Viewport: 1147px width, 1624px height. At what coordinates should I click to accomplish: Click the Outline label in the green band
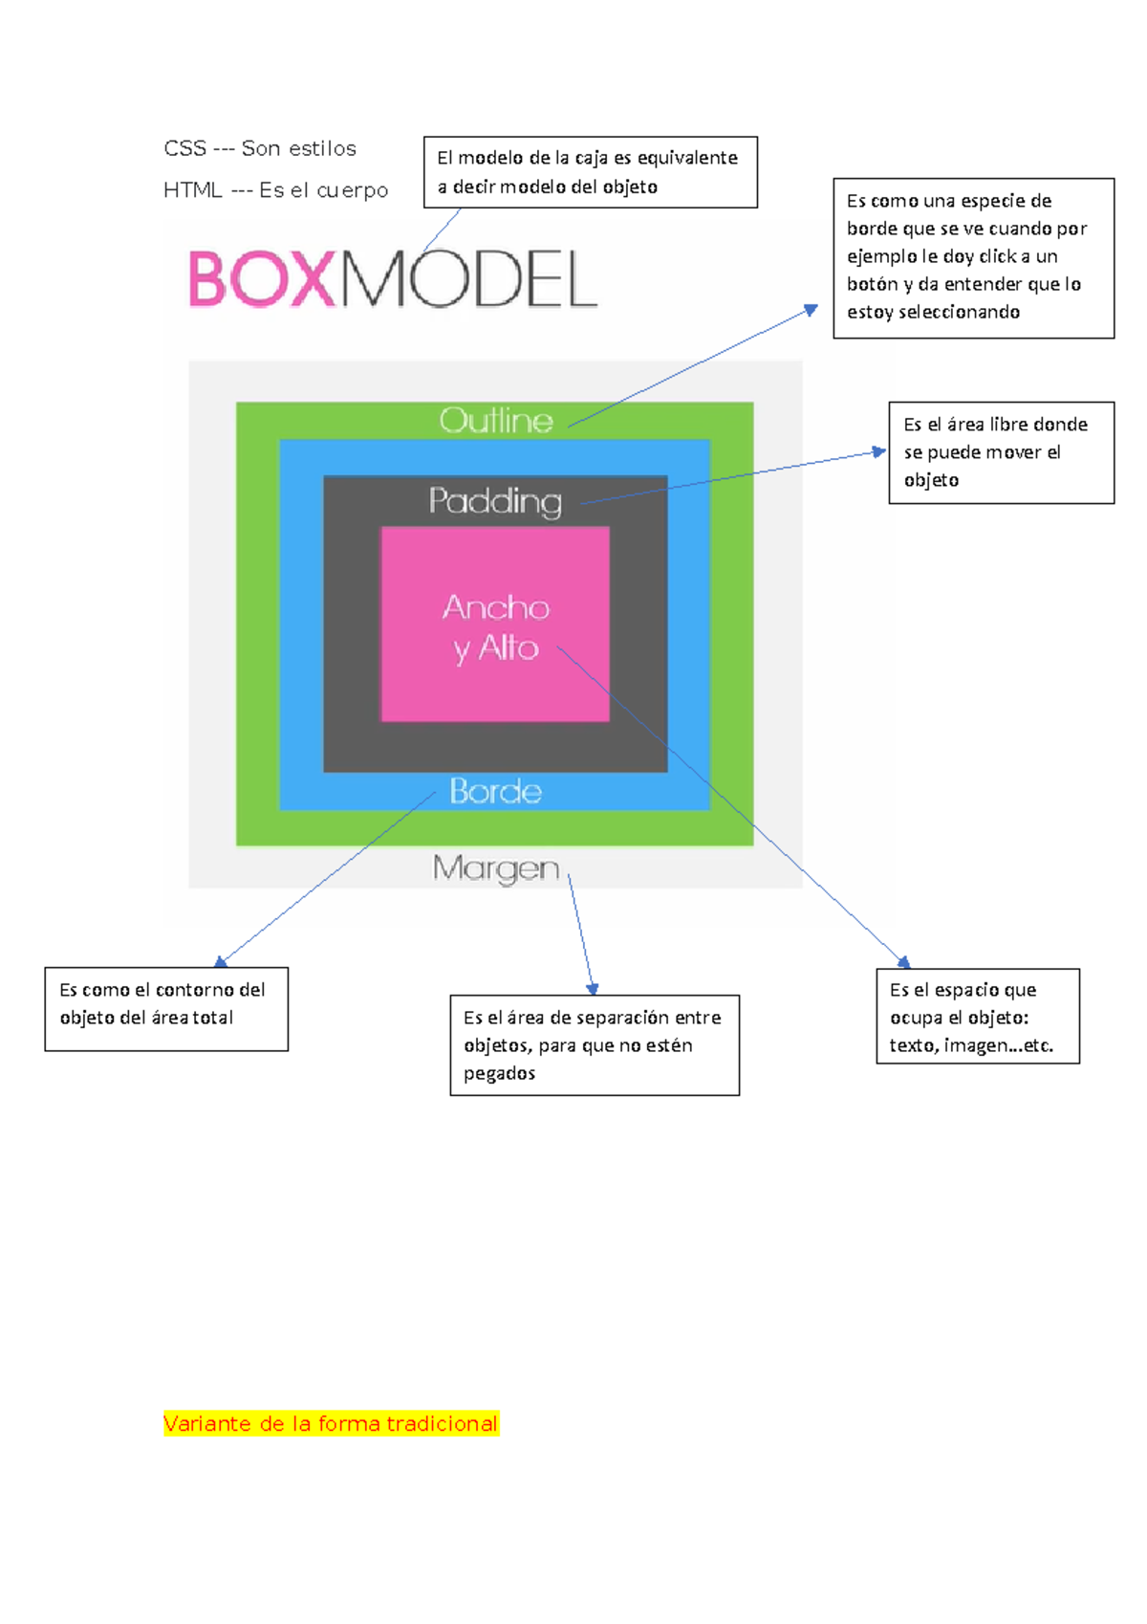496,420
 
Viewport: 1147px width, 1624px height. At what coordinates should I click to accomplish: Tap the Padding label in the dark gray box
495,500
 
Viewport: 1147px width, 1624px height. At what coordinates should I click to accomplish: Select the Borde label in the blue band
495,791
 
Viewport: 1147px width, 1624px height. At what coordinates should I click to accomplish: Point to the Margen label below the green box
495,868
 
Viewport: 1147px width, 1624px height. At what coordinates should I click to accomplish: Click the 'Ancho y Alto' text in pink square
495,627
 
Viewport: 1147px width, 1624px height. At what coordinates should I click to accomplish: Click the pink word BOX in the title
263,279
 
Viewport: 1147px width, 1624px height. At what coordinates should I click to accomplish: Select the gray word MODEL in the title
468,279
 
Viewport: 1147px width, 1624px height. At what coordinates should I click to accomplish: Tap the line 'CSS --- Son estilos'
260,148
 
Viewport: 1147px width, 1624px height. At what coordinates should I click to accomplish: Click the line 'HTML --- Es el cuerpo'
275,190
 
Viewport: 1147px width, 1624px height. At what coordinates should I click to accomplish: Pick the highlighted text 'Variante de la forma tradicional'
331,1423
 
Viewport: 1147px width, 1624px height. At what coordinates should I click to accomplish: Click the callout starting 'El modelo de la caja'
590,172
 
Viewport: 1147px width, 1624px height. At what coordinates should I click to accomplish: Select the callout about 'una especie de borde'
973,257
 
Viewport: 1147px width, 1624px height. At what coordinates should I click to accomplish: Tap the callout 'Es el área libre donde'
1001,452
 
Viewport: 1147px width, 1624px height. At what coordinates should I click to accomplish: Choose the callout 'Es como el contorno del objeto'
166,1008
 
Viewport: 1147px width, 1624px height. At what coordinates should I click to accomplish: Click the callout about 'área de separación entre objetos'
595,1044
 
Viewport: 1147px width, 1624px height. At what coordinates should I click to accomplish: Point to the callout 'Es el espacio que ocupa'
977,1016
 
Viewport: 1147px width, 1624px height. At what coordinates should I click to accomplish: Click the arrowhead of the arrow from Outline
812,309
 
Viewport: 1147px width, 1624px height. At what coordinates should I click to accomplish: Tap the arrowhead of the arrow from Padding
880,451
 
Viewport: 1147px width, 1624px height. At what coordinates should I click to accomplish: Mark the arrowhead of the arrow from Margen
593,989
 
